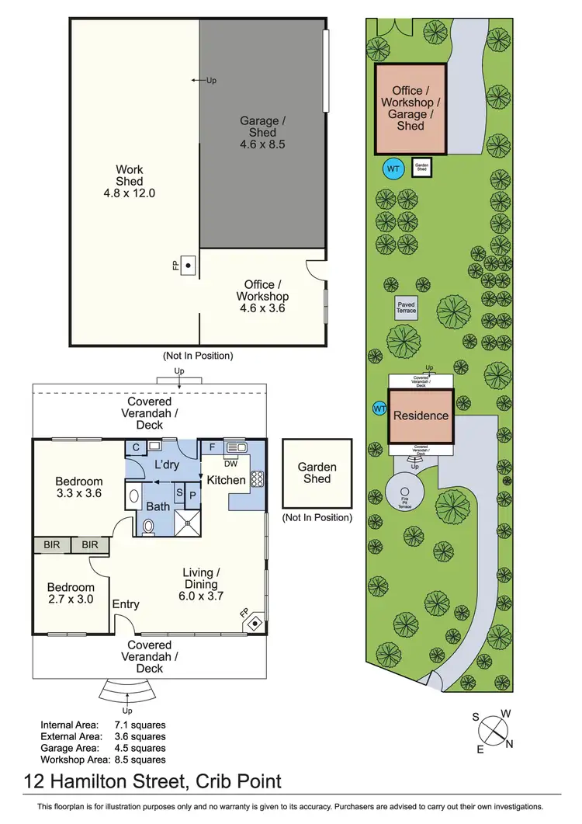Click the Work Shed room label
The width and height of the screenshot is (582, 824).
pyautogui.click(x=130, y=181)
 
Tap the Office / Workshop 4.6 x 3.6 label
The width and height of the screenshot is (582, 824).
pyautogui.click(x=262, y=296)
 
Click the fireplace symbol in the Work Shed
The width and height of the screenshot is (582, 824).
pyautogui.click(x=188, y=264)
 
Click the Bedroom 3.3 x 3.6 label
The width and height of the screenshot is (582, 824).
pyautogui.click(x=78, y=487)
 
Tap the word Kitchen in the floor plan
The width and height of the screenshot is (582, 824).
pyautogui.click(x=226, y=480)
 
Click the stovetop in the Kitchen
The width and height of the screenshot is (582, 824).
pyautogui.click(x=258, y=478)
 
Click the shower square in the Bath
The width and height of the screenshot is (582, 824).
pyautogui.click(x=187, y=523)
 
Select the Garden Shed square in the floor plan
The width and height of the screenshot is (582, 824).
pyautogui.click(x=317, y=473)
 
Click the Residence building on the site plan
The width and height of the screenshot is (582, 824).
pyautogui.click(x=421, y=415)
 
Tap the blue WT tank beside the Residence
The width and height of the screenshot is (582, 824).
pyautogui.click(x=380, y=409)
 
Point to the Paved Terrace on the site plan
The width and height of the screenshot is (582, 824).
pyautogui.click(x=406, y=307)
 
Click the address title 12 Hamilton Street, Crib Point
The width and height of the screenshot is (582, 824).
pyautogui.click(x=152, y=781)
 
